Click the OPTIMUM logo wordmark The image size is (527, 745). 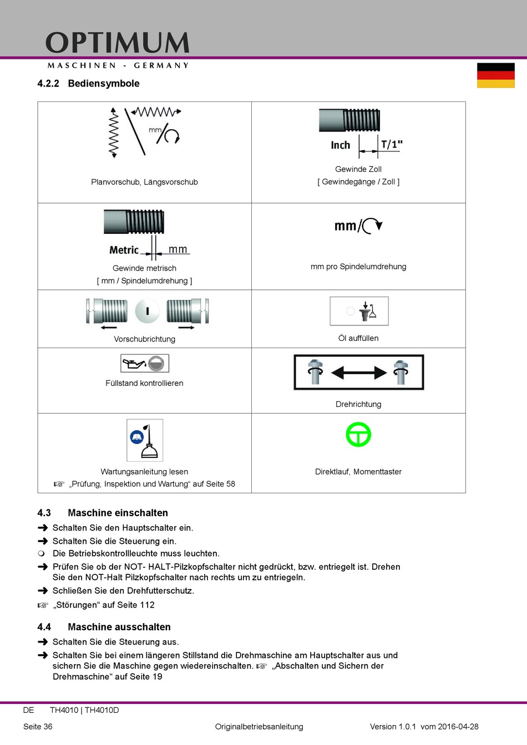pyautogui.click(x=117, y=43)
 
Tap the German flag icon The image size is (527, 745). pyautogui.click(x=495, y=75)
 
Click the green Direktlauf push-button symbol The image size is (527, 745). pyautogui.click(x=358, y=435)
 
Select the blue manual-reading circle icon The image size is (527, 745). pyautogui.click(x=136, y=437)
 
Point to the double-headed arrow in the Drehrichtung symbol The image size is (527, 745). pyautogui.click(x=358, y=372)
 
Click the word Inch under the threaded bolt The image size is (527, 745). pyautogui.click(x=340, y=145)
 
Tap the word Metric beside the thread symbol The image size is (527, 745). pyautogui.click(x=124, y=250)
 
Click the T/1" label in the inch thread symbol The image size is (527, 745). pyautogui.click(x=392, y=145)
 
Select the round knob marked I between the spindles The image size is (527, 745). pyautogui.click(x=147, y=311)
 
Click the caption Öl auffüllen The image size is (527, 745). pyautogui.click(x=358, y=338)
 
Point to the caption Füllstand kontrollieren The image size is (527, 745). pyautogui.click(x=144, y=383)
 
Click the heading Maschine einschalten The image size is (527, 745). pyautogui.click(x=118, y=513)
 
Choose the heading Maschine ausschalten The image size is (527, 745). pyautogui.click(x=119, y=627)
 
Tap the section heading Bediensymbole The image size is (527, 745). pyautogui.click(x=104, y=84)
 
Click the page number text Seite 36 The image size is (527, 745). pyautogui.click(x=38, y=727)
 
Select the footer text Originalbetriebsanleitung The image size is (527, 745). pyautogui.click(x=259, y=727)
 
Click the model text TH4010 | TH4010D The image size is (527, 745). pyautogui.click(x=84, y=710)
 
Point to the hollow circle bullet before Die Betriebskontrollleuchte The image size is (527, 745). pyautogui.click(x=41, y=553)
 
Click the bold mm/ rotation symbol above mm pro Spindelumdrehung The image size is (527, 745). pyautogui.click(x=358, y=226)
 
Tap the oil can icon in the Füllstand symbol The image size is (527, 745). pyautogui.click(x=134, y=364)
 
